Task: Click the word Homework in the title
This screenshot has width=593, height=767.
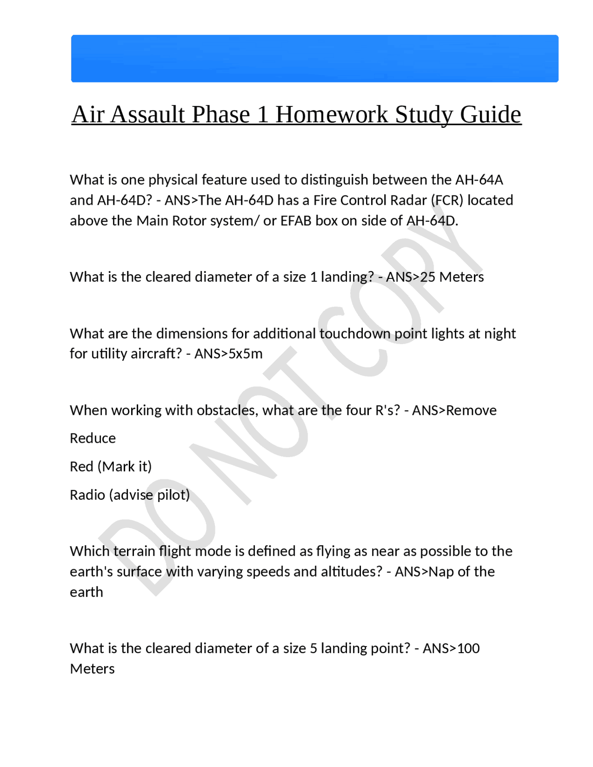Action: click(332, 114)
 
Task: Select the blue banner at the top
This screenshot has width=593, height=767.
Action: click(315, 59)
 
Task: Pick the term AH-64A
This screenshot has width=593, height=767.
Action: click(479, 180)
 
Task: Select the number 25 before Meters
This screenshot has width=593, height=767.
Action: click(428, 277)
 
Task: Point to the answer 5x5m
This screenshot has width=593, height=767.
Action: click(246, 354)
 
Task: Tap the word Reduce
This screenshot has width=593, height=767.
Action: click(93, 438)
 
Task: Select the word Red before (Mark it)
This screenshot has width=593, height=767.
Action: click(82, 466)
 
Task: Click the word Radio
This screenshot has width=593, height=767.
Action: click(88, 495)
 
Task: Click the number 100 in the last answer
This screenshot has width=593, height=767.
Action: click(468, 648)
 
